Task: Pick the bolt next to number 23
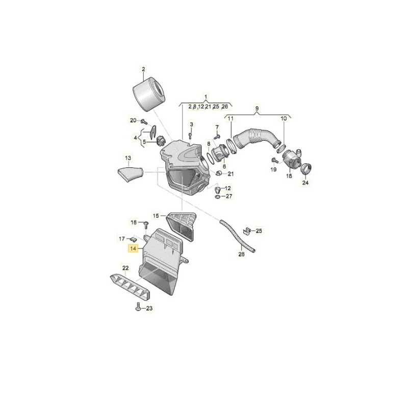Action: pyautogui.click(x=138, y=307)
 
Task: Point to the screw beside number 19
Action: pyautogui.click(x=273, y=160)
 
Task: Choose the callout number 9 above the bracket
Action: pyautogui.click(x=257, y=109)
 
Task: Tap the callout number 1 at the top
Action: pyautogui.click(x=206, y=97)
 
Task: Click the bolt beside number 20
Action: pyautogui.click(x=144, y=122)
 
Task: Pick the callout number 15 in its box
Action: pyautogui.click(x=156, y=216)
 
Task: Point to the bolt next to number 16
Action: pyautogui.click(x=146, y=224)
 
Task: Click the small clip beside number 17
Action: pyautogui.click(x=134, y=239)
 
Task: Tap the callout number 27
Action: pyautogui.click(x=228, y=196)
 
